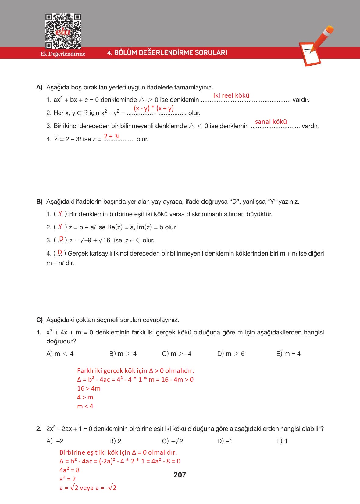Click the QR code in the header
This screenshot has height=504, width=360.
point(63,31)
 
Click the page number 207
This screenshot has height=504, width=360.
point(180,475)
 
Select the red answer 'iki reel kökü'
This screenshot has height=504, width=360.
point(231,95)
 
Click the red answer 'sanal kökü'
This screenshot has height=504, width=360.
point(271,122)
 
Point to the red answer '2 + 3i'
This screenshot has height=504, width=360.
point(112,136)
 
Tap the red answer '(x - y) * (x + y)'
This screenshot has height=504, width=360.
point(154,108)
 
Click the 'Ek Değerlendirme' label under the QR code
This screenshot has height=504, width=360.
point(63,54)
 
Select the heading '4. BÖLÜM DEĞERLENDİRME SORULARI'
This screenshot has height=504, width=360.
point(167,52)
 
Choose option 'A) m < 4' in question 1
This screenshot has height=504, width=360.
point(60,354)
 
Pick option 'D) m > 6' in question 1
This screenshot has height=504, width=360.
point(231,354)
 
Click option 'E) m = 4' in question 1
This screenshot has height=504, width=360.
point(288,354)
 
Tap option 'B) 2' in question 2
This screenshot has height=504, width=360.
point(115,441)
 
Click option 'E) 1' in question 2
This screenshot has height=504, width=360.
point(282,441)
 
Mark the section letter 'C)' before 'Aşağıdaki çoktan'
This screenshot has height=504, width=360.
point(39,320)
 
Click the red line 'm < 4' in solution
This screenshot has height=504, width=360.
point(85,406)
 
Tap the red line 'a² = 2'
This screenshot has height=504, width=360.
point(68,479)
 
